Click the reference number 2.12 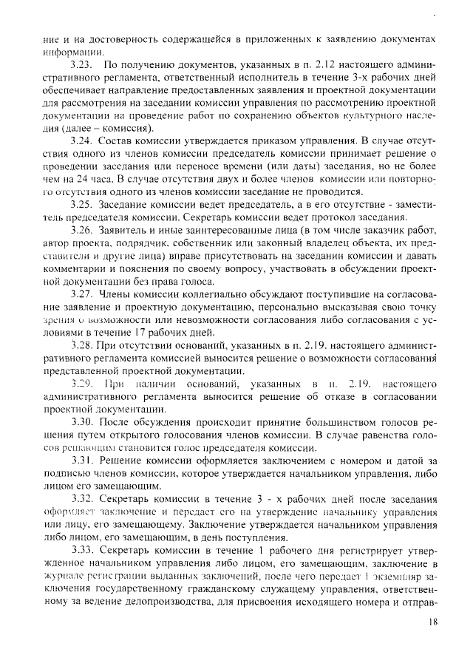point(303,66)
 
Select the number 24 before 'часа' point(91,179)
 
